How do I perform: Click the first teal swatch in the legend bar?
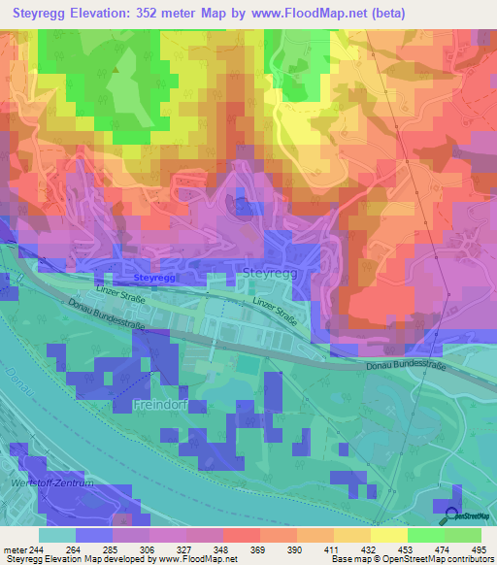click(57, 535)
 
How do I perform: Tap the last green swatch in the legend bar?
click(463, 535)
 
